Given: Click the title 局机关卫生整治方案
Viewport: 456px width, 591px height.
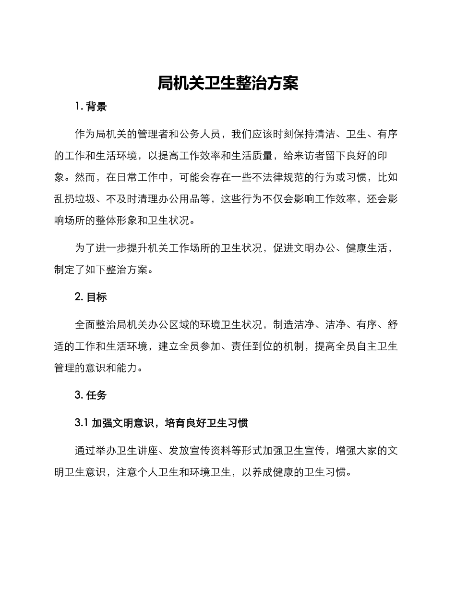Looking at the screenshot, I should [x=228, y=84].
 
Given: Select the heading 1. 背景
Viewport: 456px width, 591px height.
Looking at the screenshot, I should [x=91, y=107].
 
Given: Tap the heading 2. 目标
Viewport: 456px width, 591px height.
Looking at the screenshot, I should [x=91, y=297].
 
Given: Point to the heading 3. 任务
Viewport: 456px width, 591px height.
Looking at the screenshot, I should [x=91, y=395].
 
